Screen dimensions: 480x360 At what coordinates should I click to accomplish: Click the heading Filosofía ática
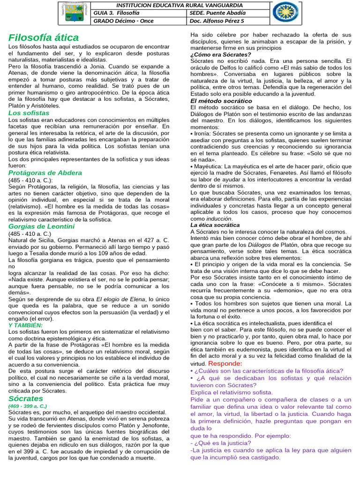(x=44, y=37)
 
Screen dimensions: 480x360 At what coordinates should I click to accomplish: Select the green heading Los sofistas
(x=29, y=113)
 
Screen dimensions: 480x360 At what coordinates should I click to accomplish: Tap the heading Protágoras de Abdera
(x=45, y=172)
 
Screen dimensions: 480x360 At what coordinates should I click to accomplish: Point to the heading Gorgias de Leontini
(x=41, y=226)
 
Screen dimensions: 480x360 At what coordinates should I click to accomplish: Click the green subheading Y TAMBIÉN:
(x=25, y=325)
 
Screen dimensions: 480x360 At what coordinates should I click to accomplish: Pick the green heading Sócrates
(x=25, y=398)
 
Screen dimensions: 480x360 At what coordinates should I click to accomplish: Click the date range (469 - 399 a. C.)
(x=28, y=406)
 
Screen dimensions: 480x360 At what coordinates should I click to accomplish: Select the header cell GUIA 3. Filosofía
(x=117, y=13)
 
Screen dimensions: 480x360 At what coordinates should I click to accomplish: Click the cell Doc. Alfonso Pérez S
(x=218, y=21)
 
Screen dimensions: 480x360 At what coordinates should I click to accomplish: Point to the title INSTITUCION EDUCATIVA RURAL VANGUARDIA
(x=181, y=5)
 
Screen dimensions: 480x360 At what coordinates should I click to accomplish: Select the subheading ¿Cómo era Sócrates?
(x=217, y=54)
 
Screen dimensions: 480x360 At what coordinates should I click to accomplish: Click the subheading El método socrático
(x=221, y=100)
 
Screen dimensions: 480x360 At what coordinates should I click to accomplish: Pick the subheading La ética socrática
(x=215, y=225)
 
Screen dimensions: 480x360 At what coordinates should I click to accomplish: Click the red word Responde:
(x=225, y=363)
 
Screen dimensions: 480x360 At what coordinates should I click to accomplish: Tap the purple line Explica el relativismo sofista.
(x=231, y=392)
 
